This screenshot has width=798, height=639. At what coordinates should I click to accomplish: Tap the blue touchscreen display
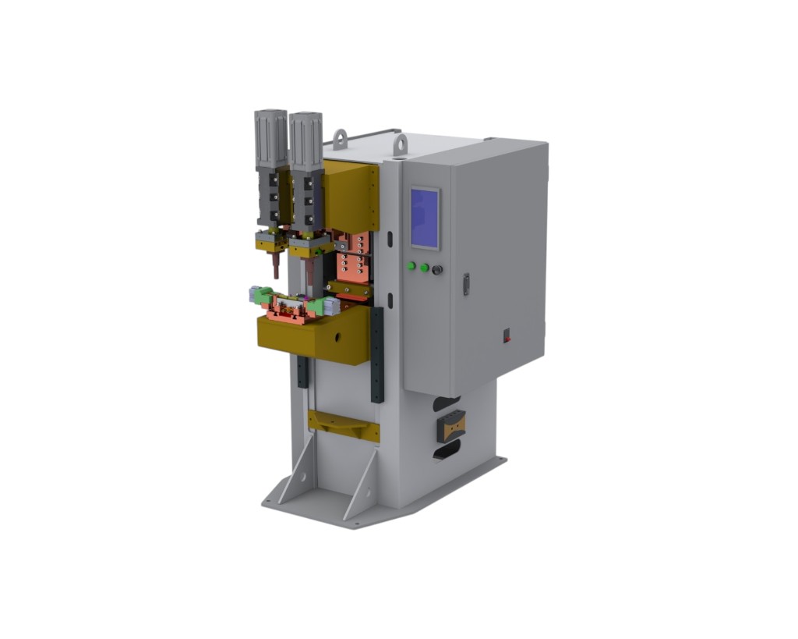(425, 218)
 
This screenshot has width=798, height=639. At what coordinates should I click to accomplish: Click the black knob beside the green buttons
(437, 270)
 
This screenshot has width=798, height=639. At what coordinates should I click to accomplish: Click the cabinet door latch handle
(466, 284)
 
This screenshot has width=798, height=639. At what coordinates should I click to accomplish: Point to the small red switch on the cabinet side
(507, 336)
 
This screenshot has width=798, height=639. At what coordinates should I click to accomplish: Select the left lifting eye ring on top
(341, 140)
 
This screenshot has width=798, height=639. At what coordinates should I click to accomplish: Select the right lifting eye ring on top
(400, 144)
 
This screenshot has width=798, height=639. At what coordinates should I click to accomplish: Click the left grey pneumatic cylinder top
(270, 137)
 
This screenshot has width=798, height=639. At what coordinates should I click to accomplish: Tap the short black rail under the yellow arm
(302, 371)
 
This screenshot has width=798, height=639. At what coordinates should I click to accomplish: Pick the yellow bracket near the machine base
(343, 425)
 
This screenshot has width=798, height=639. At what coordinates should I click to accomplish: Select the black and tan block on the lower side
(450, 425)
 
